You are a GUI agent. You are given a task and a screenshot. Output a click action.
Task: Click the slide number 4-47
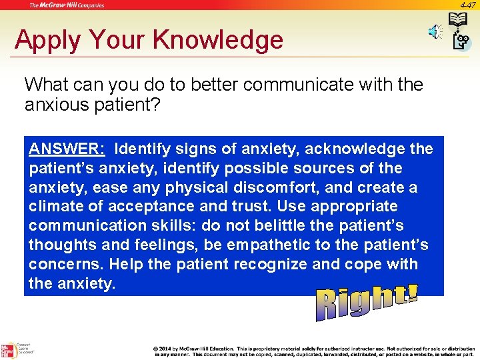point(467,5)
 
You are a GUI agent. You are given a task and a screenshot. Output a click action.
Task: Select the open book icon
point(458,20)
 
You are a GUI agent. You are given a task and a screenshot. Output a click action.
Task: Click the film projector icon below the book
point(461,42)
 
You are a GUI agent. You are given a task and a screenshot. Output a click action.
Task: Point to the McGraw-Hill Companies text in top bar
point(66,5)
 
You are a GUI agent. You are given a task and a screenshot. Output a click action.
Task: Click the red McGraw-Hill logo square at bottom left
point(8,350)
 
